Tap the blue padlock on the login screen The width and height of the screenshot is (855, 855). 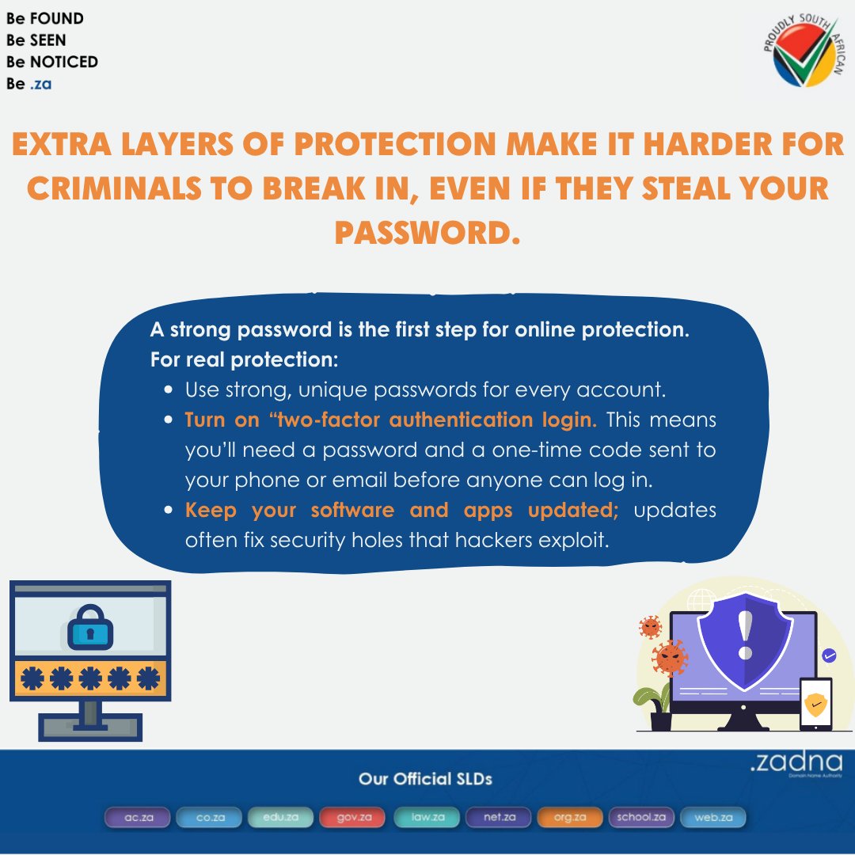click(90, 629)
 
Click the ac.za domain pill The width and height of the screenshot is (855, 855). click(139, 817)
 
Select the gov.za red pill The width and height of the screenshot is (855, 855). click(351, 817)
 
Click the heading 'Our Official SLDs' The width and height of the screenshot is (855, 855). click(425, 779)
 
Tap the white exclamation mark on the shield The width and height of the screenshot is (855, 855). click(744, 634)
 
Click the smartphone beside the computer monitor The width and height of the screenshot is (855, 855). click(815, 703)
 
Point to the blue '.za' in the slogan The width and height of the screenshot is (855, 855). click(40, 83)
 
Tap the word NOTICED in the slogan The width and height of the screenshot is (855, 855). click(68, 62)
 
